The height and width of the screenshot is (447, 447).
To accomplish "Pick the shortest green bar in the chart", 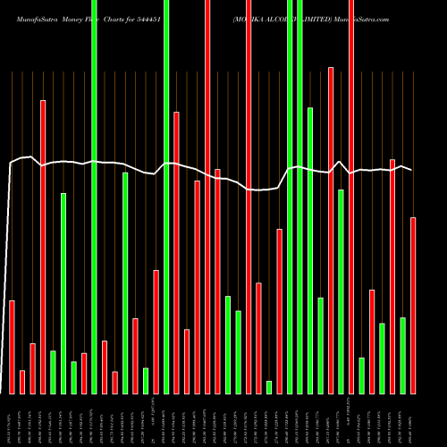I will [x=269, y=386].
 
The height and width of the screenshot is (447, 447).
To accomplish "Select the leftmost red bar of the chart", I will [x=12, y=347].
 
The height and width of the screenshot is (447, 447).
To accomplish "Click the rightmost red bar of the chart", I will [x=413, y=305].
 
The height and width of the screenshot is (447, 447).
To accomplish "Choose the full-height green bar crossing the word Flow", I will [x=94, y=197].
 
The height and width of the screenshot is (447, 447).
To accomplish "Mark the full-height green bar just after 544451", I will [x=166, y=197].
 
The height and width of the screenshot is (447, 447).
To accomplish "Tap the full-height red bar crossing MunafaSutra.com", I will [x=351, y=197].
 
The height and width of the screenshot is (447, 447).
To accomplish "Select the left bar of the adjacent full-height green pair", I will [x=290, y=197].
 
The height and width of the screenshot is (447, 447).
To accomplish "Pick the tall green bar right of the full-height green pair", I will [x=310, y=250].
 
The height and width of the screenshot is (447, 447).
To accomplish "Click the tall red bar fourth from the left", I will [x=43, y=247].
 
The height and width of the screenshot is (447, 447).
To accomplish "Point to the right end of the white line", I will [x=412, y=170].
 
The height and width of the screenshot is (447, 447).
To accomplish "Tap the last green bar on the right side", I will [x=402, y=355].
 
